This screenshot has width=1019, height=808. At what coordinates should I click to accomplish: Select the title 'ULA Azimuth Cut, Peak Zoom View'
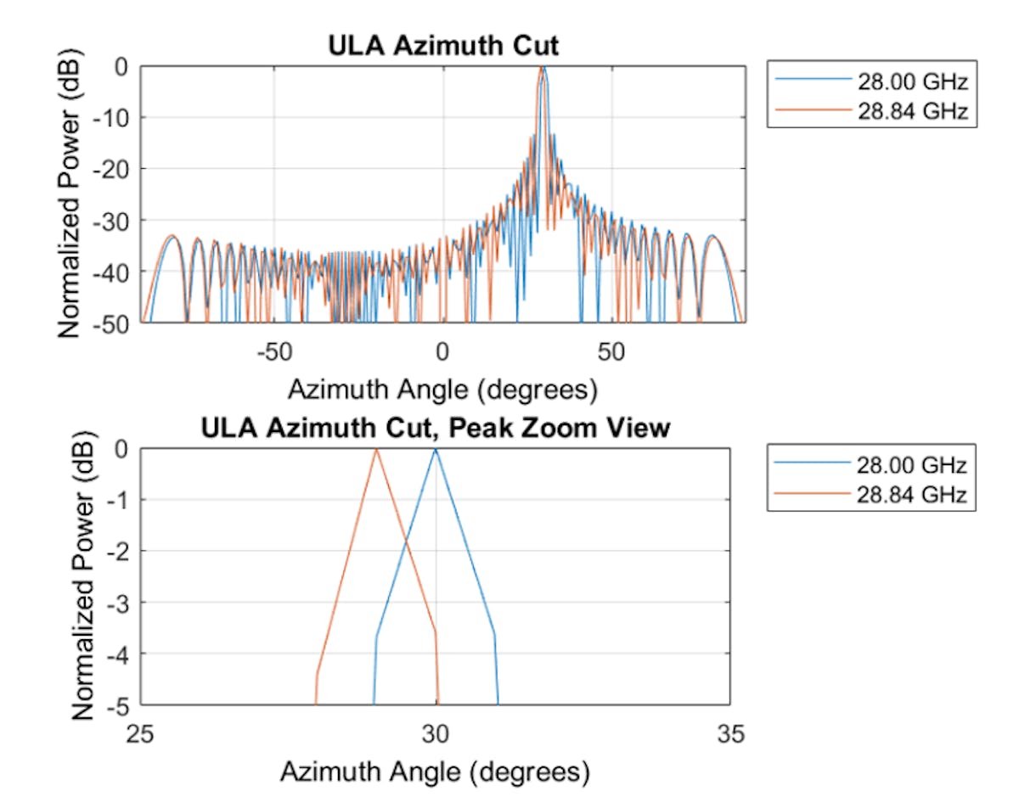tap(436, 429)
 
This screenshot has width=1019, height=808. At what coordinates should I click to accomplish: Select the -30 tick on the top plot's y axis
tap(113, 220)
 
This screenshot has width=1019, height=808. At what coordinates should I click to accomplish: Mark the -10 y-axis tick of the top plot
tap(113, 117)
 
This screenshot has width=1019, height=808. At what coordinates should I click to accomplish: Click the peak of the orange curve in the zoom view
tap(376, 449)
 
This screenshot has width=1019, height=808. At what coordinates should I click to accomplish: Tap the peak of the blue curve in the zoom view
tap(436, 449)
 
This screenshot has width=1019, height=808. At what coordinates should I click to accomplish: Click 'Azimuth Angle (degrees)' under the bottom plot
tap(434, 772)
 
